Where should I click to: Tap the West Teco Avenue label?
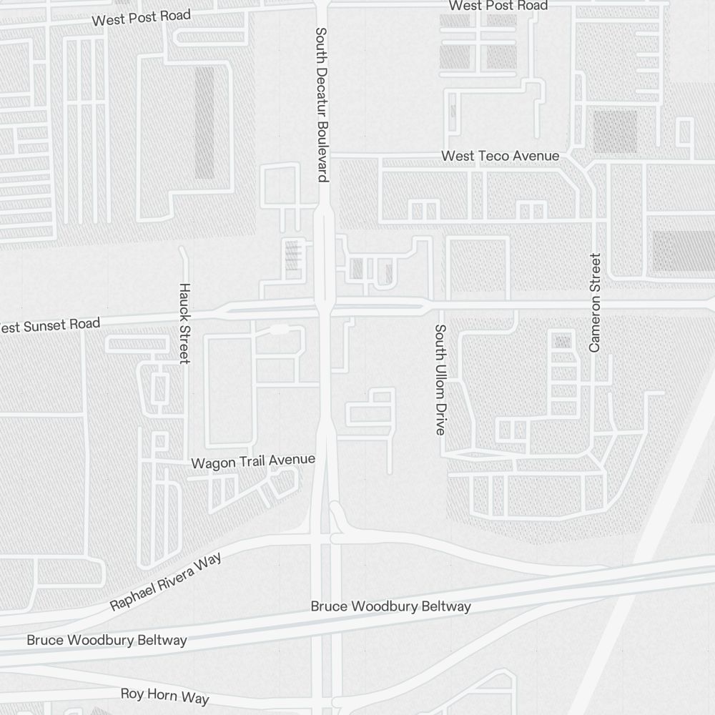coord(500,156)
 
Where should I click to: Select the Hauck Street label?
coord(184,323)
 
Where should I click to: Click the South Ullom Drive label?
coord(440,380)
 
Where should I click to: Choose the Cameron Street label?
coord(595,302)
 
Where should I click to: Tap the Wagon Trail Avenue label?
coord(253,462)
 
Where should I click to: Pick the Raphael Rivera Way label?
coord(165,581)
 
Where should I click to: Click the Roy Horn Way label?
coord(164,695)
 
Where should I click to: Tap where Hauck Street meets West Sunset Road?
coord(184,315)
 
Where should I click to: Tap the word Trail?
coord(252,462)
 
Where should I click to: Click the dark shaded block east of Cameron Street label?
coord(683,252)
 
